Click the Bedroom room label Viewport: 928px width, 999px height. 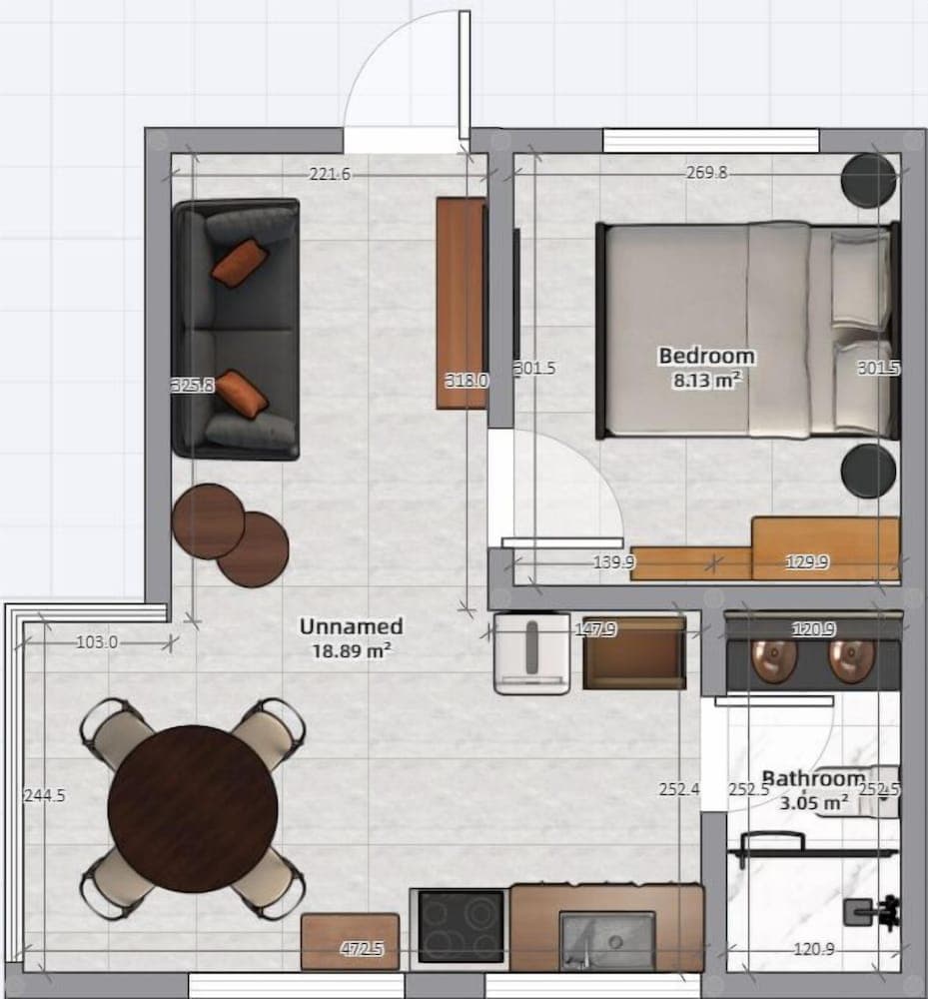point(706,356)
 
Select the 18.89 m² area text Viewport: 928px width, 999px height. point(353,649)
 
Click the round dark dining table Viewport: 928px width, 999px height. point(193,808)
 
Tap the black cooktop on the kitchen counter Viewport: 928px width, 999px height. point(461,926)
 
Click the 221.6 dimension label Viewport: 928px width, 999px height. point(330,175)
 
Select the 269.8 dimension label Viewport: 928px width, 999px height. point(706,173)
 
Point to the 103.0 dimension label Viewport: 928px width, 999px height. point(97,643)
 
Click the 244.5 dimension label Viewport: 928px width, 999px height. point(44,796)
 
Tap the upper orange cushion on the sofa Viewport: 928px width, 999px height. point(240,263)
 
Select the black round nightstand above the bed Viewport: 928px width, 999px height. point(868,181)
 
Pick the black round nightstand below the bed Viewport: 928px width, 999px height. point(868,470)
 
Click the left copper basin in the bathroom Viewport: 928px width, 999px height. point(772,660)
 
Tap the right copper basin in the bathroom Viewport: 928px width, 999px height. point(852,660)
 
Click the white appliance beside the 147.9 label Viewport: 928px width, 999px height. point(532,653)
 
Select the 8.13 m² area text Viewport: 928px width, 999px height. point(706,380)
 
